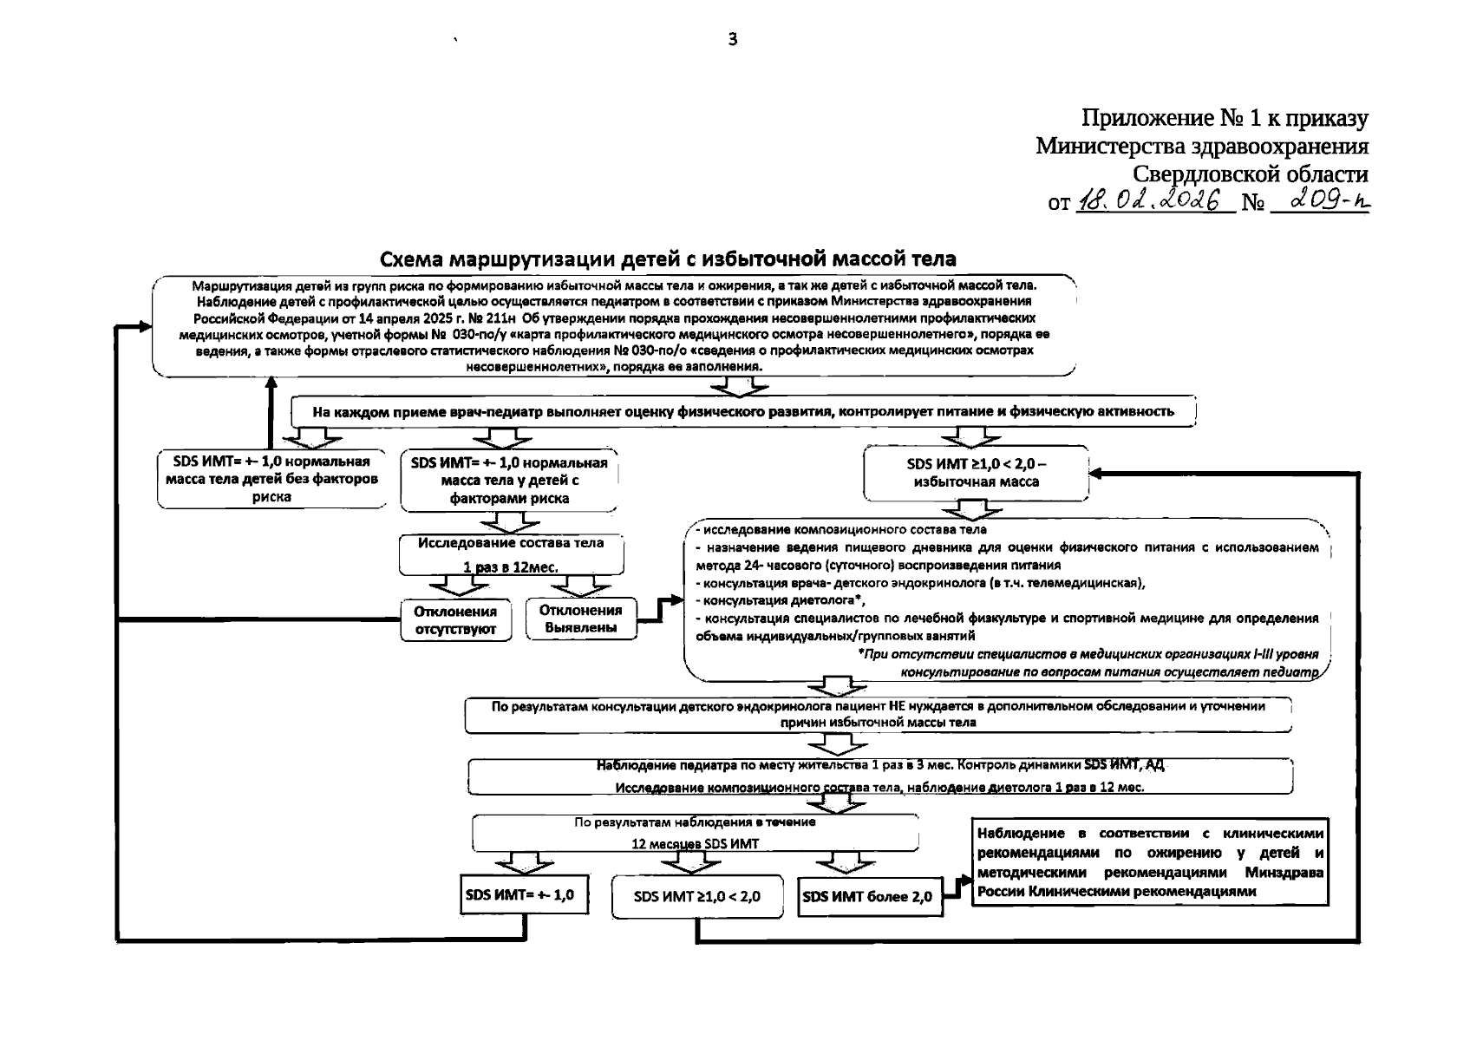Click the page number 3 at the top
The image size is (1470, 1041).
[x=733, y=39]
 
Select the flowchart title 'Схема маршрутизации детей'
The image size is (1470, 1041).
[x=668, y=259]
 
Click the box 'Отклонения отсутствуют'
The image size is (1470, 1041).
[x=455, y=620]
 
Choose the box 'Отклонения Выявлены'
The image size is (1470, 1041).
[x=581, y=619]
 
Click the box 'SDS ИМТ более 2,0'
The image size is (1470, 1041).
[x=867, y=897]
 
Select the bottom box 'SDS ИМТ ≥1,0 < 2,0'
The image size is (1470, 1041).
[x=696, y=897]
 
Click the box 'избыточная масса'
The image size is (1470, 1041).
[x=976, y=473]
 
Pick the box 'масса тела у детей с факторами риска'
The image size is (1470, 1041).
[x=509, y=481]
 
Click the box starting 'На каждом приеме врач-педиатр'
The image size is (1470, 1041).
[x=743, y=411]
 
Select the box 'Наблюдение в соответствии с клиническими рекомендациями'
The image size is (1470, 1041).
[x=1150, y=861]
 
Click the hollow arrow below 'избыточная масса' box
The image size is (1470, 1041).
[x=978, y=508]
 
